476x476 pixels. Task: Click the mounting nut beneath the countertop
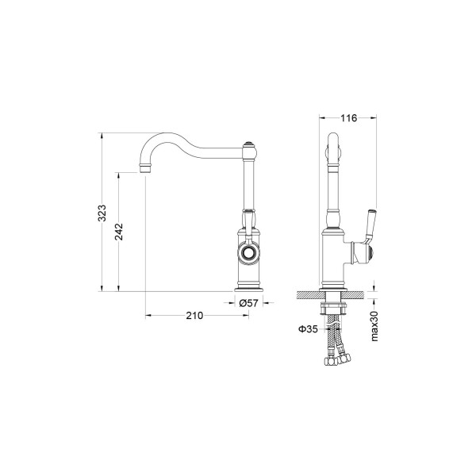click(x=333, y=305)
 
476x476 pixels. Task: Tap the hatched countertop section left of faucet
click(x=308, y=295)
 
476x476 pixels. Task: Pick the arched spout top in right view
click(x=333, y=144)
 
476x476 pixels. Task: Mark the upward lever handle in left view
click(x=248, y=219)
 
